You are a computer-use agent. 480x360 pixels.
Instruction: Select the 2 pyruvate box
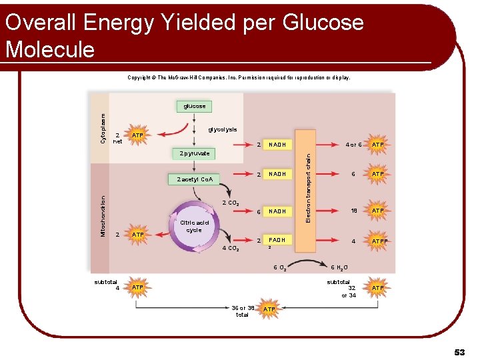pos(195,153)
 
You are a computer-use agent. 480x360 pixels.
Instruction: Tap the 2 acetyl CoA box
pos(195,179)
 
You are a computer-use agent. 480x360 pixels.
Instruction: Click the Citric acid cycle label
pos(194,226)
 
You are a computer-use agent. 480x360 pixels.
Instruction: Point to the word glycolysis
pos(223,129)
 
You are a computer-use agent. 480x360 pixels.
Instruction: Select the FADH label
pos(277,239)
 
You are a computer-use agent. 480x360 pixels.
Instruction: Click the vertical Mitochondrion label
pos(103,215)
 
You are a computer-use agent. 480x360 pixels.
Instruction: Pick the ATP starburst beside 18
pos(378,211)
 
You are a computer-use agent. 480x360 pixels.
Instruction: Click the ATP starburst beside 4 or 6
pos(378,145)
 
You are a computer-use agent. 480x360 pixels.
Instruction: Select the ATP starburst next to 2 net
pos(138,136)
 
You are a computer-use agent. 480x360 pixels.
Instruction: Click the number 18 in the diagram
pos(353,211)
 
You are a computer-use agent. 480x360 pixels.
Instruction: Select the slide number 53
pos(459,352)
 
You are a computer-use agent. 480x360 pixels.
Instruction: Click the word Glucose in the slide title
pos(323,23)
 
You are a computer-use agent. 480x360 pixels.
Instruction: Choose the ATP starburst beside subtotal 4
pos(138,287)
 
